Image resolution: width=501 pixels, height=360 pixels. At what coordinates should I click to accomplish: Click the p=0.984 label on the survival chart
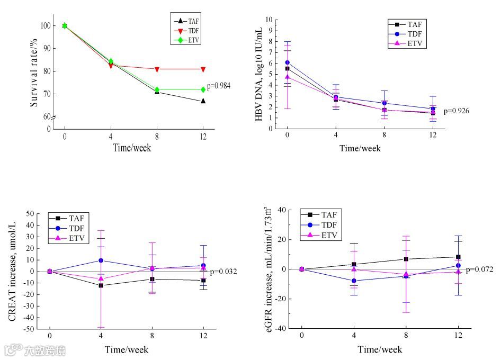coord(219,85)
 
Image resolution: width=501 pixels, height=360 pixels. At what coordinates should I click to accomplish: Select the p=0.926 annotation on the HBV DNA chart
coord(456,111)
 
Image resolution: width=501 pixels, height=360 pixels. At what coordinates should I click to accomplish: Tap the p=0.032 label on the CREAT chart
coord(223,272)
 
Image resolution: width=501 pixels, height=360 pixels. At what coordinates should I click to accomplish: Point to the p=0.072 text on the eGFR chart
coord(480,269)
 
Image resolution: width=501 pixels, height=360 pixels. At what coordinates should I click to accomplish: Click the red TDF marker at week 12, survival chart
coord(203,69)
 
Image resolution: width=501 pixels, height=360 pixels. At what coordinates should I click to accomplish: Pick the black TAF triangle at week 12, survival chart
coord(203,101)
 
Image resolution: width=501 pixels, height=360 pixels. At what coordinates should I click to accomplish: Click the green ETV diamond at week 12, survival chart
coord(203,89)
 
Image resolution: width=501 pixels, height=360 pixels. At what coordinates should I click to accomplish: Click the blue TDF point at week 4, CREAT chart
coord(101,260)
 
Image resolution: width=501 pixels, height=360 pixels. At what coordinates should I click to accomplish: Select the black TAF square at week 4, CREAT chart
coord(101,285)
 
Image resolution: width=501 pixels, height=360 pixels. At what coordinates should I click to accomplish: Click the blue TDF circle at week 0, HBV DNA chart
coord(288,62)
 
